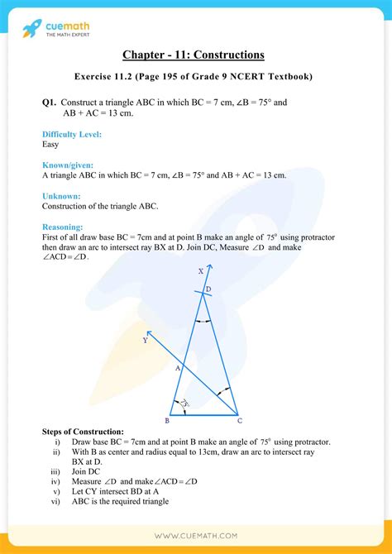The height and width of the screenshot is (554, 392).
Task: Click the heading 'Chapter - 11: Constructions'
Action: pos(194,55)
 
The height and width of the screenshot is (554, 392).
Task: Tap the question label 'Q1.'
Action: pos(49,103)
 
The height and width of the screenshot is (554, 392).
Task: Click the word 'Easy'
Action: pos(50,144)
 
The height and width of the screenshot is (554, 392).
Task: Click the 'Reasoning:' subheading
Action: pos(63,227)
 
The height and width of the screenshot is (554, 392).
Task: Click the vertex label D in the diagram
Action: pos(208,289)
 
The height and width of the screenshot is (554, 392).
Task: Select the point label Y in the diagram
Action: pos(146,339)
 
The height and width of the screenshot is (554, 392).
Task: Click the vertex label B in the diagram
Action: pos(167,420)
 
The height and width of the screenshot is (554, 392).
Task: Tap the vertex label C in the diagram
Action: pos(239,420)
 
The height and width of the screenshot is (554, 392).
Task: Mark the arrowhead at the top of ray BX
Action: pos(211,268)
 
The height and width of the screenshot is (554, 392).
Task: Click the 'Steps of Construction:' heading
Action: pos(83,432)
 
